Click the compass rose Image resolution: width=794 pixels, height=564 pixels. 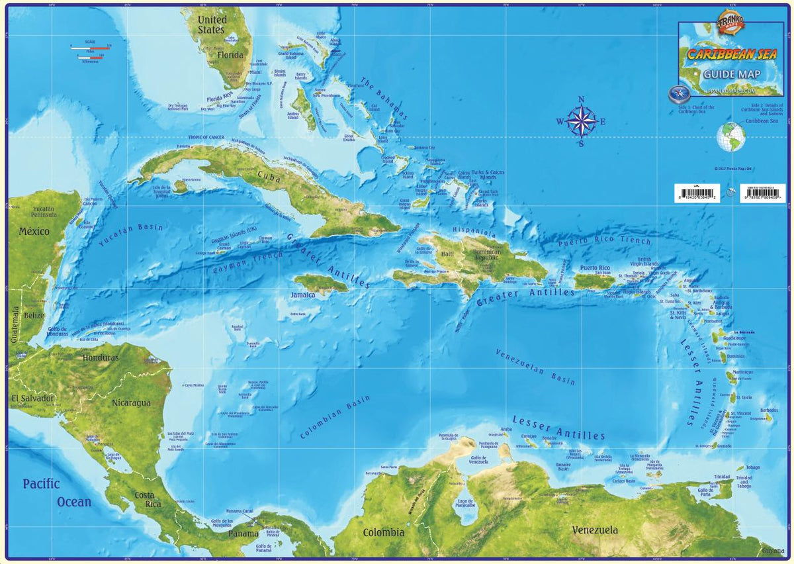581,122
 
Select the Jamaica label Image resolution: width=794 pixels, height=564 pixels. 303,295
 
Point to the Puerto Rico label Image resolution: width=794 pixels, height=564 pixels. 594,268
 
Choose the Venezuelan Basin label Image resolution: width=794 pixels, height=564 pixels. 535,367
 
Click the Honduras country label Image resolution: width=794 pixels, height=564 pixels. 101,357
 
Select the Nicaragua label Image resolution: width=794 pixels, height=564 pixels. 131,402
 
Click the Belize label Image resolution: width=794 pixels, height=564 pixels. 34,316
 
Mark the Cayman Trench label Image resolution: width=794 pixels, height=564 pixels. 248,260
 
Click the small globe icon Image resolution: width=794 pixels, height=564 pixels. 731,137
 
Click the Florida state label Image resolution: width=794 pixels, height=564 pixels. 231,55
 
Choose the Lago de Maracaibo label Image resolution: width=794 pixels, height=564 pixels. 466,504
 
